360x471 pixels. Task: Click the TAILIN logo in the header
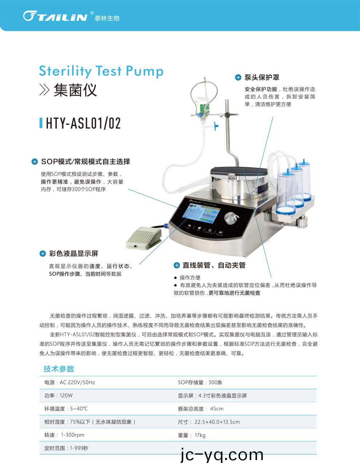(55, 16)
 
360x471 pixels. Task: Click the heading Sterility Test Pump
(101, 71)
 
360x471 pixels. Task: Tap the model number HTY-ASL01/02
(83, 123)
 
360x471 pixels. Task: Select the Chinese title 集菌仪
(75, 90)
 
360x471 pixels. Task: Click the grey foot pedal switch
(144, 238)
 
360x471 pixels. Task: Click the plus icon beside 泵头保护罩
(238, 78)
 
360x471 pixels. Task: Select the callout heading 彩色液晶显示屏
(73, 253)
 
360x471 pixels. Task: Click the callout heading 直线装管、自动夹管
(214, 265)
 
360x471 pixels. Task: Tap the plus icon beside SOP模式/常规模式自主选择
(35, 162)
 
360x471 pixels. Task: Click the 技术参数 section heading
(59, 369)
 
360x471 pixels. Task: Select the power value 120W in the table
(66, 395)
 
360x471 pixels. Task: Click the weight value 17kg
(200, 435)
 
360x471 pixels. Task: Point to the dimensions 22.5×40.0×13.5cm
(217, 422)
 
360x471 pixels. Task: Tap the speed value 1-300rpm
(73, 435)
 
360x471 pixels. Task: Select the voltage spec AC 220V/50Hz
(77, 383)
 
